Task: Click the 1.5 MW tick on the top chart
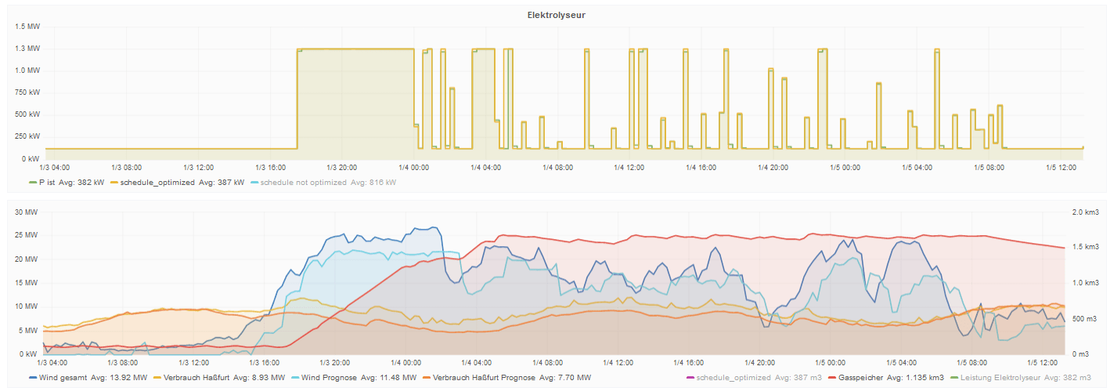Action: click(28, 26)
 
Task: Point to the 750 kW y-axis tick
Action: click(28, 92)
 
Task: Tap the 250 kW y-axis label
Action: click(28, 136)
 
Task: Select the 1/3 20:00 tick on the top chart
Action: click(342, 167)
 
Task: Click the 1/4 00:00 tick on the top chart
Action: click(414, 167)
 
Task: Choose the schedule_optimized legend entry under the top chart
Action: click(157, 183)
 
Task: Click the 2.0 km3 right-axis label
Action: click(1086, 212)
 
